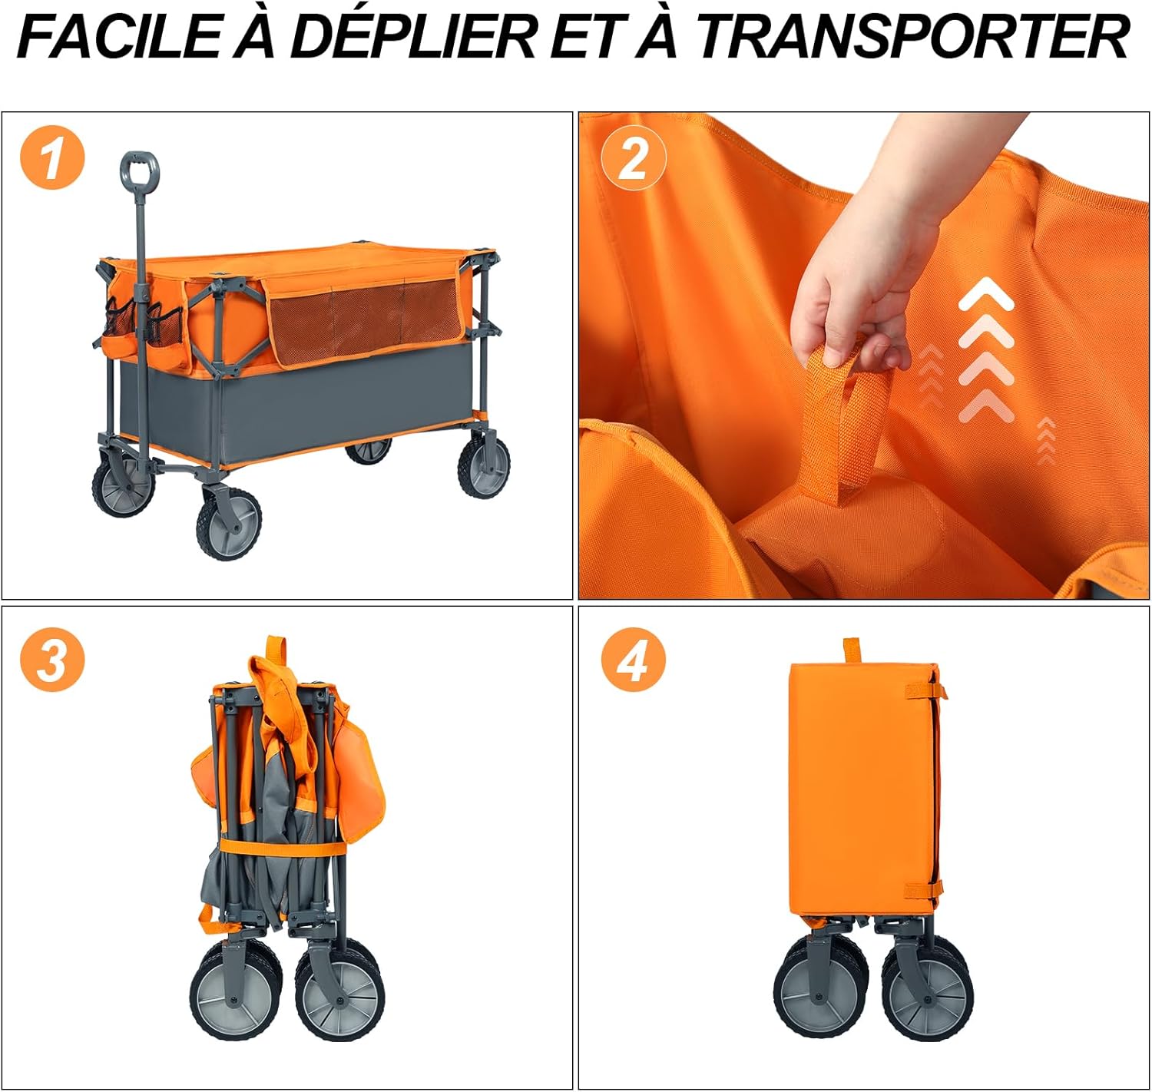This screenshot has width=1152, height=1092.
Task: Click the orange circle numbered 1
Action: click(53, 157)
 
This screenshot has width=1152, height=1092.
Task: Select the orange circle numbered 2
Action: click(634, 157)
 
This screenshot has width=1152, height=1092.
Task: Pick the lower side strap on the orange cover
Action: click(923, 888)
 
